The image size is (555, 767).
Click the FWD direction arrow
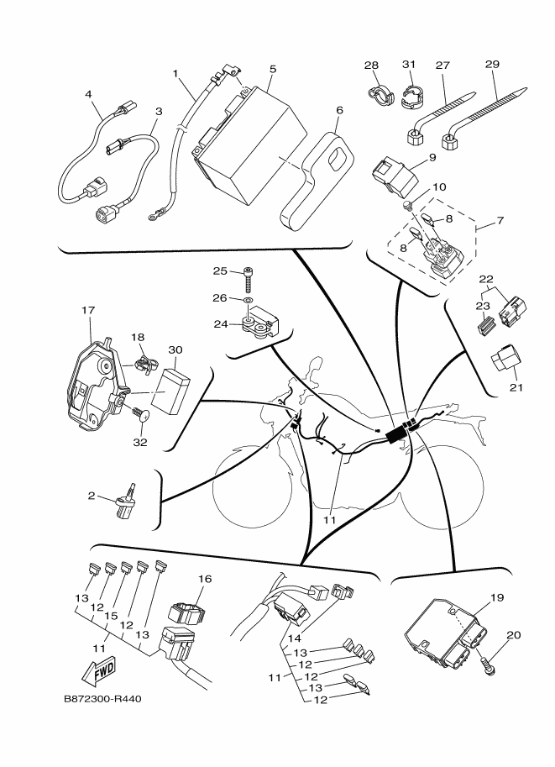97,670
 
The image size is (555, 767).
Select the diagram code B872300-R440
102,699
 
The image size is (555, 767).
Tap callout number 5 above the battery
272,69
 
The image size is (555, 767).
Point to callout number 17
88,310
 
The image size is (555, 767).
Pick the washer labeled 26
248,298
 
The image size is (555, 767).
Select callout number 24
221,323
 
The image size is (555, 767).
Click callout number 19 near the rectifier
497,597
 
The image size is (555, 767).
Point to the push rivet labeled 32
140,412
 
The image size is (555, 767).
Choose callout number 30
175,349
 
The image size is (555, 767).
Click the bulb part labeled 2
126,501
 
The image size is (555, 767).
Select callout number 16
206,579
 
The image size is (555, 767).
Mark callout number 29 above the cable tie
492,64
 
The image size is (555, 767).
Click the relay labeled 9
395,175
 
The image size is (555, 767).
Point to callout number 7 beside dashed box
500,221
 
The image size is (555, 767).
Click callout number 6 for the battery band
339,111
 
